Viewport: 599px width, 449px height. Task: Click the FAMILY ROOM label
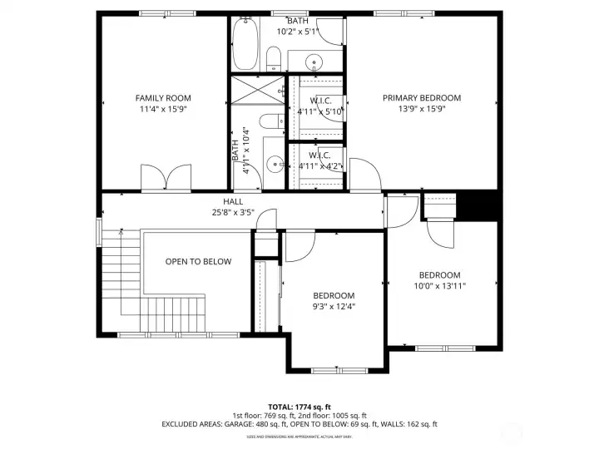tap(162, 97)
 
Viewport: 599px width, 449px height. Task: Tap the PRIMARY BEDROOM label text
tap(421, 97)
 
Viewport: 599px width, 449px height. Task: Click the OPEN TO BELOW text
tap(198, 261)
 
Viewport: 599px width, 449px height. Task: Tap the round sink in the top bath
tap(314, 62)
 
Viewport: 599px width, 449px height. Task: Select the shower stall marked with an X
tap(258, 91)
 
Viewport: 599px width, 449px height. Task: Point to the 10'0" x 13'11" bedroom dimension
tap(439, 286)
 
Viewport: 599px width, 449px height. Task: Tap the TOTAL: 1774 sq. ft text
tap(299, 405)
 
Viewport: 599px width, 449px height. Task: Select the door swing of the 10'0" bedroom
tap(442, 235)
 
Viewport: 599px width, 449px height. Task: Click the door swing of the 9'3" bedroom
tap(299, 246)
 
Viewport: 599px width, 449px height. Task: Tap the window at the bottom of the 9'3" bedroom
tap(338, 368)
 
